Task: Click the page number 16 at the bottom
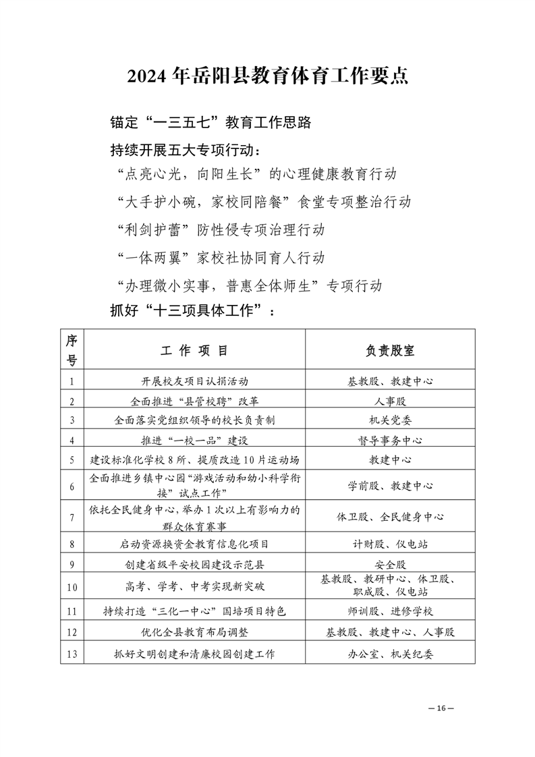[x=443, y=708]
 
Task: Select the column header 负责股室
[x=390, y=351]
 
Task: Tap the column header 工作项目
[x=194, y=351]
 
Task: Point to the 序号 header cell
[x=72, y=351]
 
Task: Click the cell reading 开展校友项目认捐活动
[x=194, y=381]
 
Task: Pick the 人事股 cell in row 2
[x=390, y=401]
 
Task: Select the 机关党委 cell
[x=390, y=420]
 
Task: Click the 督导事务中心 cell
[x=390, y=441]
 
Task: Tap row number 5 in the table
[x=72, y=460]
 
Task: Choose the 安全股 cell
[x=390, y=564]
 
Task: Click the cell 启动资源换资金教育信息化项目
[x=194, y=544]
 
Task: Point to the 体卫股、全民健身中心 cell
[x=390, y=517]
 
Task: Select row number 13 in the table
[x=72, y=653]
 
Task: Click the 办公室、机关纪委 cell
[x=390, y=653]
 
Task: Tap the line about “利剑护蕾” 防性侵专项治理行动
[x=220, y=229]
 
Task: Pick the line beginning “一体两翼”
[x=220, y=257]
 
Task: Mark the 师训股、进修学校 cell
[x=390, y=611]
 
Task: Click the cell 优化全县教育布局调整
[x=194, y=632]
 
